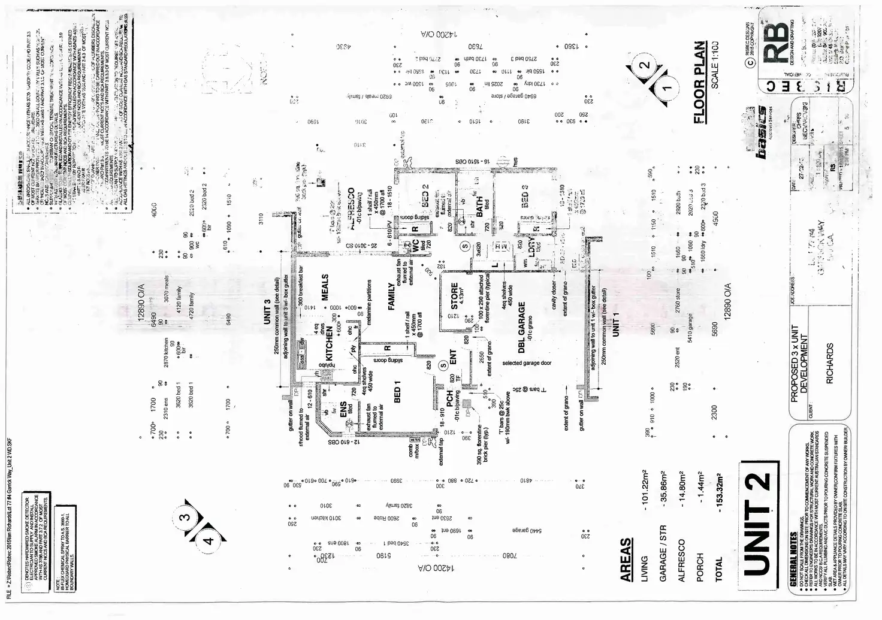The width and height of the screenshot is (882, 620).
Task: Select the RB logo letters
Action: [x=779, y=44]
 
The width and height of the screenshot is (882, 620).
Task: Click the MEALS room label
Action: [x=325, y=288]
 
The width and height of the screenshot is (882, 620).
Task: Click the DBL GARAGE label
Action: [x=521, y=327]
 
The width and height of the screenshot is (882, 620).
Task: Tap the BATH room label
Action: [x=479, y=207]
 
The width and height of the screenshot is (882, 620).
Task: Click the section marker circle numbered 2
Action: [x=645, y=65]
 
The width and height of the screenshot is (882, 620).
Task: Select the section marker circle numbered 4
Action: [x=208, y=540]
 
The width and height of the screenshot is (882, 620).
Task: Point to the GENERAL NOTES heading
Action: [x=793, y=569]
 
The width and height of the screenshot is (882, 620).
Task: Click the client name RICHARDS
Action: [x=830, y=364]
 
